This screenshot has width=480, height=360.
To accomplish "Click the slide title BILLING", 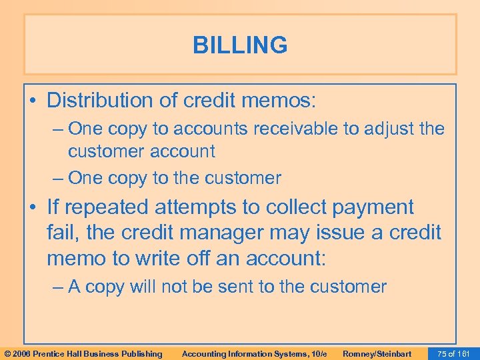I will pos(240,45).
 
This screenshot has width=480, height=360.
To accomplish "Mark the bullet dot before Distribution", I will pos(33,101).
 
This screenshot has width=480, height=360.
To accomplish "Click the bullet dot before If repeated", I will pos(33,208).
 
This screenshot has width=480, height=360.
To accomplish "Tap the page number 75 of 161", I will pos(452,353).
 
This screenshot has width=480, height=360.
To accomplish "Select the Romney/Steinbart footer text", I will pos(377,353).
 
